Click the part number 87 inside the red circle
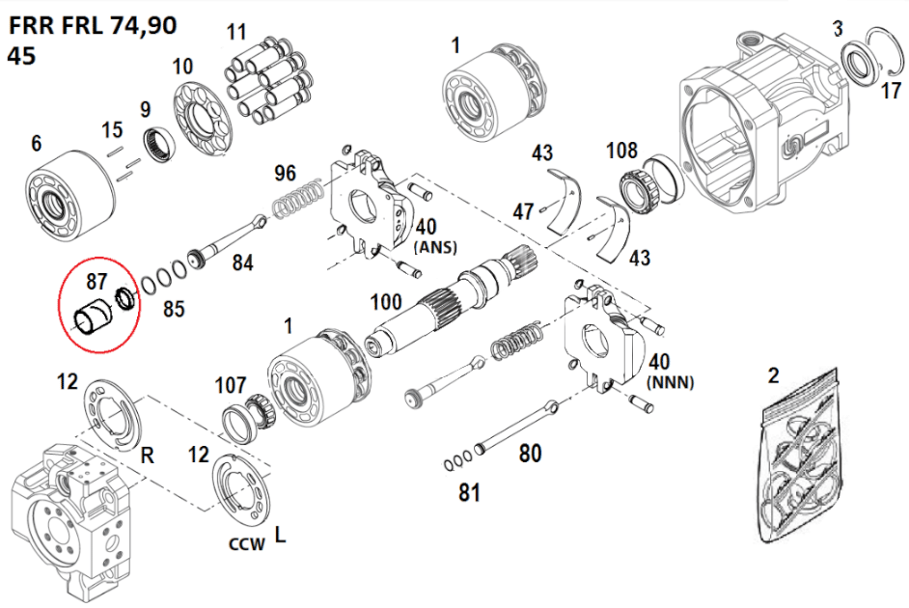coord(96,281)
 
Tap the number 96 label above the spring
coord(285,175)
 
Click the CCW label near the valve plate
coord(246,544)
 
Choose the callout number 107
coord(231,385)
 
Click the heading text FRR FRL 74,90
coord(93,25)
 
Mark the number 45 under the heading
coord(21,55)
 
